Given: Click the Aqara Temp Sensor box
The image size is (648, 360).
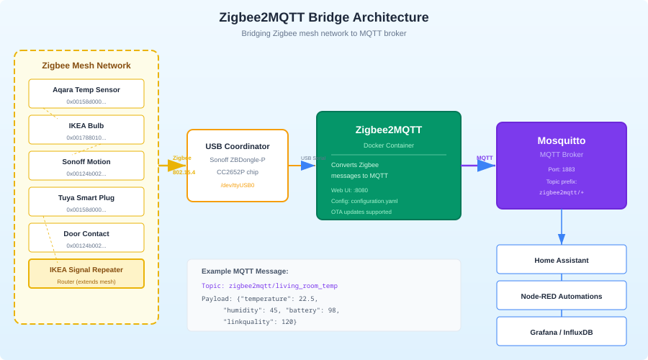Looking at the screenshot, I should click(x=86, y=94).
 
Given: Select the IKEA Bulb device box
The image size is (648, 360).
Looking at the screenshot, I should click(x=86, y=130).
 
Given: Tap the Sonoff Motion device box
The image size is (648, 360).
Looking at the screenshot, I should click(x=86, y=166).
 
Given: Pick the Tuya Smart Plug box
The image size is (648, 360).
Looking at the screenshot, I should click(x=86, y=202).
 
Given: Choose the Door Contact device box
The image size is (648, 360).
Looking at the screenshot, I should click(x=86, y=238).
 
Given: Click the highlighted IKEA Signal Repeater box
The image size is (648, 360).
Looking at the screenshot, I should click(x=86, y=274).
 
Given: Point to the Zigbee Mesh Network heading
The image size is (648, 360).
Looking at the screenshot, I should click(x=86, y=66).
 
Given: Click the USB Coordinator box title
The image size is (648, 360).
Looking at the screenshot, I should click(x=238, y=146).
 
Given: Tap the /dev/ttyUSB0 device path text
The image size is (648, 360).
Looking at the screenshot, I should click(x=238, y=185).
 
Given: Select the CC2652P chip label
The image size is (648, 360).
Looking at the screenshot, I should click(x=238, y=172).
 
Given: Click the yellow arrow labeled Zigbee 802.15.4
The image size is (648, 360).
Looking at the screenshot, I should click(x=173, y=166).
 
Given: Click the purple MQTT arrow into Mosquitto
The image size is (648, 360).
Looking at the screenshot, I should click(x=479, y=166).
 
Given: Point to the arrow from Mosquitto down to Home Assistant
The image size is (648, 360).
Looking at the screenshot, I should click(x=562, y=227).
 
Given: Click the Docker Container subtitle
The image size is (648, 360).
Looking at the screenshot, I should click(x=389, y=145).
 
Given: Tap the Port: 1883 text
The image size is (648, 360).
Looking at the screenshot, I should click(x=562, y=169).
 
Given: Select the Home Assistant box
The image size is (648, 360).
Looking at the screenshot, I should click(x=562, y=259).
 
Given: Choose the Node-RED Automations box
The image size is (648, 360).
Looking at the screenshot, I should click(x=562, y=295).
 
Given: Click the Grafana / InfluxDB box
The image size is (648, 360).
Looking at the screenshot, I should click(x=562, y=331).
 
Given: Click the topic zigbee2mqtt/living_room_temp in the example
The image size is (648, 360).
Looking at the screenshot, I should click(x=283, y=286).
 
